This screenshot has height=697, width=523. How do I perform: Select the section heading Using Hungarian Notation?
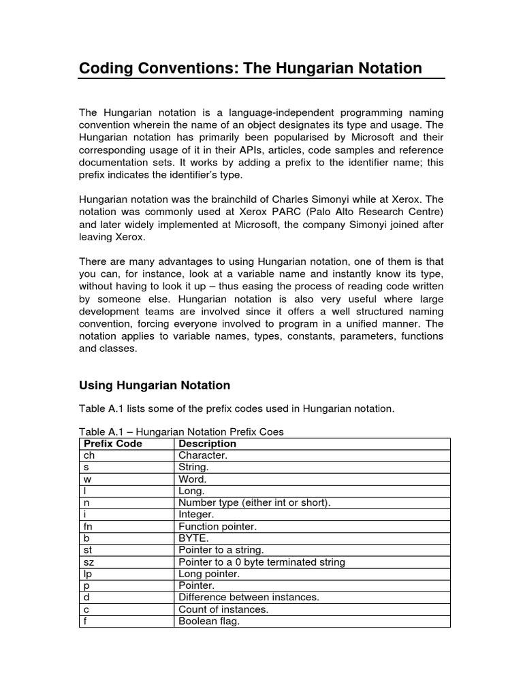coord(155,385)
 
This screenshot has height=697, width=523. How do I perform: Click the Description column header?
coord(208,444)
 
